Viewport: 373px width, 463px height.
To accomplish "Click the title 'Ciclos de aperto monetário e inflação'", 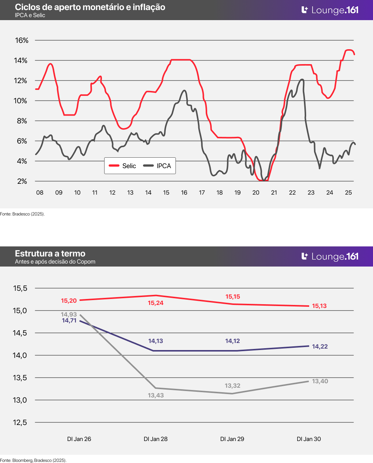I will pyautogui.click(x=90, y=7).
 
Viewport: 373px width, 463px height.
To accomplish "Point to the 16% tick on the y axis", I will pyautogui.click(x=21, y=40).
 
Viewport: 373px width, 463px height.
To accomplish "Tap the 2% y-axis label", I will pyautogui.click(x=22, y=181).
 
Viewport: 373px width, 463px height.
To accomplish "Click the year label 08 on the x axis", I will pyautogui.click(x=40, y=193).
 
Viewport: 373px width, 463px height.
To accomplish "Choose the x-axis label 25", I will pyautogui.click(x=348, y=193).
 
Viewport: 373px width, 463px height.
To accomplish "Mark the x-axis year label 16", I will pyautogui.click(x=184, y=193).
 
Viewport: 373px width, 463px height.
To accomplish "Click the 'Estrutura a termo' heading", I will pyautogui.click(x=50, y=253).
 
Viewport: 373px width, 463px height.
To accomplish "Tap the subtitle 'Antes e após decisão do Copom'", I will pyautogui.click(x=55, y=262).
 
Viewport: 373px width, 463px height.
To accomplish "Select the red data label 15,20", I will pyautogui.click(x=69, y=301).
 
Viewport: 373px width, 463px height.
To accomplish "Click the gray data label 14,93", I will pyautogui.click(x=69, y=315).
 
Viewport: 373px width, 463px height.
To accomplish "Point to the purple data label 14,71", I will pyautogui.click(x=69, y=321).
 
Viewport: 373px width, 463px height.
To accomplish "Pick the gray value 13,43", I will pyautogui.click(x=156, y=396).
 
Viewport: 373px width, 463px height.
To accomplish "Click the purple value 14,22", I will pyautogui.click(x=320, y=347).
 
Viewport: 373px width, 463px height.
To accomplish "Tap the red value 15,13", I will pyautogui.click(x=319, y=306).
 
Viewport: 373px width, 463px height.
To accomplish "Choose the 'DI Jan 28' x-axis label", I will pyautogui.click(x=156, y=439).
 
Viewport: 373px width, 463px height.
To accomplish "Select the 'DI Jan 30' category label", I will pyautogui.click(x=309, y=439).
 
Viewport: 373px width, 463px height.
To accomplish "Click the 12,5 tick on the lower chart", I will pyautogui.click(x=20, y=422).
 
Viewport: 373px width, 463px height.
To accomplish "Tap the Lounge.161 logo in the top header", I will pyautogui.click(x=330, y=10).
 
